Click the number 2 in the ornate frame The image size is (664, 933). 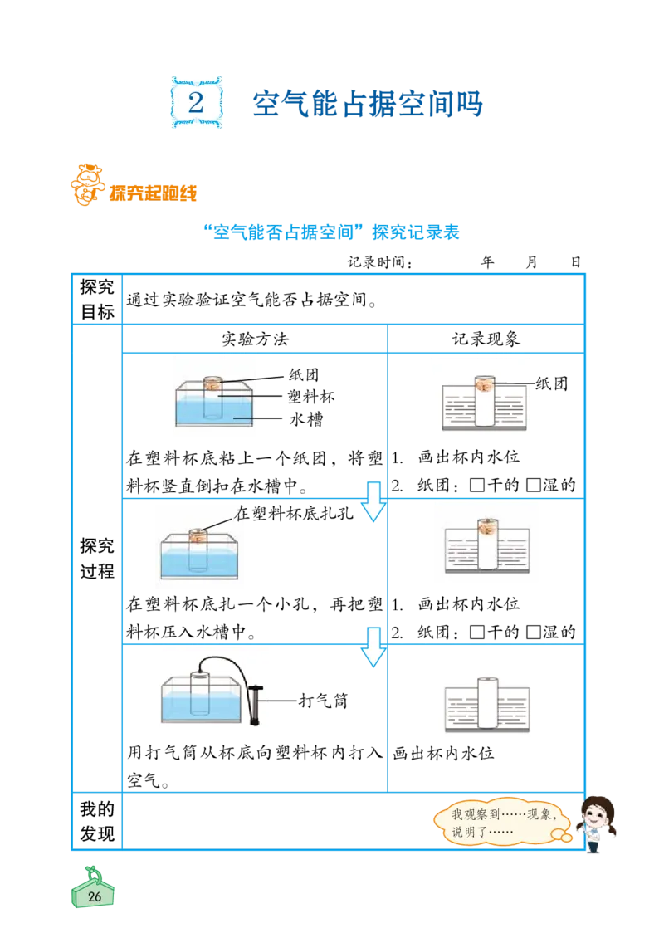tap(196, 103)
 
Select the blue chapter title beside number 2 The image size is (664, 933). tap(368, 104)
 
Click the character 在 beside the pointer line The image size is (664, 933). tap(241, 514)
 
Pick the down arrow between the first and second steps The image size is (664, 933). tap(373, 501)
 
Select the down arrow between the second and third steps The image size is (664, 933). tap(374, 647)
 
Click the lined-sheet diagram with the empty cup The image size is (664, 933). tap(487, 706)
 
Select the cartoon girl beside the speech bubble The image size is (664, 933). tap(596, 823)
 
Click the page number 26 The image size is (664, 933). tap(94, 896)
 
